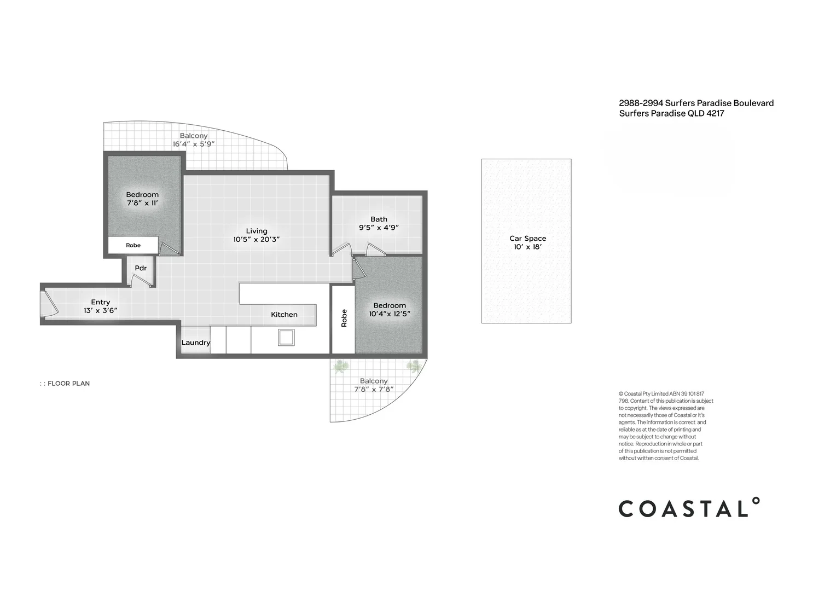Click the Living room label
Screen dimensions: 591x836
point(256,231)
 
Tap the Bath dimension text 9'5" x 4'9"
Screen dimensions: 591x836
point(379,228)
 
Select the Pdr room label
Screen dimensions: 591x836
point(141,268)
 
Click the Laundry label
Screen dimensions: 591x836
point(195,343)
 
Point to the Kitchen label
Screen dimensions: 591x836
point(284,315)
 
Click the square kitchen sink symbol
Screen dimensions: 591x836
point(286,337)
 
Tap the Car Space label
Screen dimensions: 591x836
point(527,238)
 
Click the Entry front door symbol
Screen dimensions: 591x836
point(49,304)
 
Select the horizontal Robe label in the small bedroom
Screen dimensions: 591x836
point(133,245)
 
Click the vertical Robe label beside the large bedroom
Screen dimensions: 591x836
point(344,318)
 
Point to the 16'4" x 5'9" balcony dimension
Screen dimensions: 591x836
point(194,144)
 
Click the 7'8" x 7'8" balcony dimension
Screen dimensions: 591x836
point(374,390)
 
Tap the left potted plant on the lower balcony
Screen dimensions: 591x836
point(340,366)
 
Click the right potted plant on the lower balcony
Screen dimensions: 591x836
point(414,366)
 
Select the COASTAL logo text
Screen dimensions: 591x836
point(688,508)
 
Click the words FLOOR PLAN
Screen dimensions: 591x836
point(68,384)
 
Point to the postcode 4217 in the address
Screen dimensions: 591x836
point(715,113)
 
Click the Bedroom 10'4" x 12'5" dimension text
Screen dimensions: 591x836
point(390,314)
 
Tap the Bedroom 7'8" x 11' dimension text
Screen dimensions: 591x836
point(142,203)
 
